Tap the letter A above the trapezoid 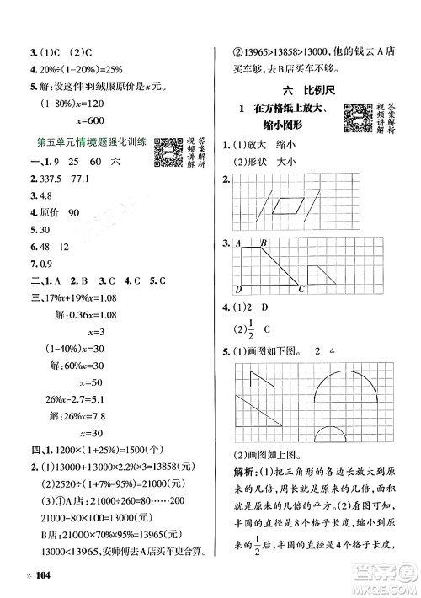pos(237,244)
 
